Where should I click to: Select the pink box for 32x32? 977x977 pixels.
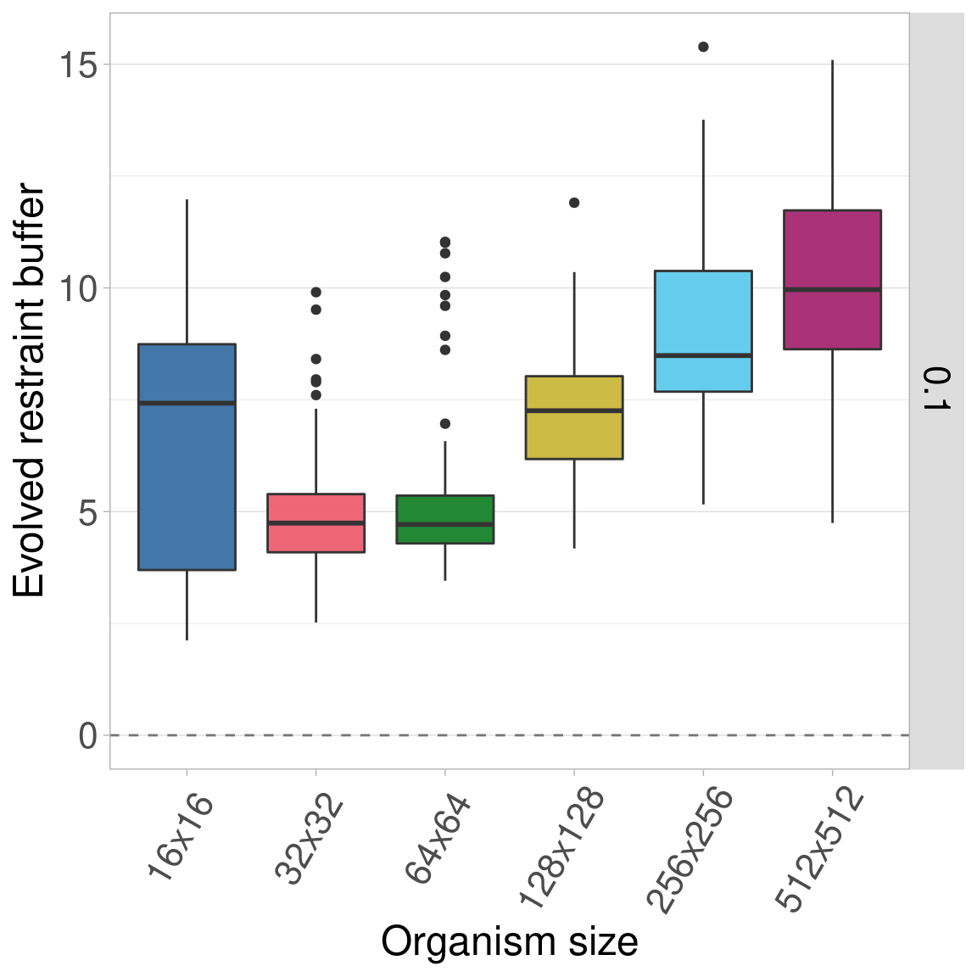(315, 522)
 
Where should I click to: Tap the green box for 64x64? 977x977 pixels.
(445, 519)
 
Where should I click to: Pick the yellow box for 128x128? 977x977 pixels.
(574, 417)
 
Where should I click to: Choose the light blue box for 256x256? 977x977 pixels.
(703, 331)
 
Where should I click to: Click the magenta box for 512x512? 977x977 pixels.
(832, 279)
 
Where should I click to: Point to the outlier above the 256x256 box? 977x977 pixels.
(703, 47)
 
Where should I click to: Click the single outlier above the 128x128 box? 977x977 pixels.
(574, 203)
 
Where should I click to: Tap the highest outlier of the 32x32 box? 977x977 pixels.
(316, 292)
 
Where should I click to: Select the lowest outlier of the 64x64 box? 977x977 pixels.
(445, 423)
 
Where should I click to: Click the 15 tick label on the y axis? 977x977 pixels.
(77, 64)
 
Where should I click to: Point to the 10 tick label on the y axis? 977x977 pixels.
(77, 288)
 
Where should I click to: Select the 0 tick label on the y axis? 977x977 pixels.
(87, 735)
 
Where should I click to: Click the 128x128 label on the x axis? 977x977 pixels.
(562, 847)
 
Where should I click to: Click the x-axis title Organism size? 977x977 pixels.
(509, 941)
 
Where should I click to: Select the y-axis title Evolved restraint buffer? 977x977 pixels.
(30, 390)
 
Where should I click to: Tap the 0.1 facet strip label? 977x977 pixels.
(936, 389)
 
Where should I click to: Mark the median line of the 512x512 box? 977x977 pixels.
(832, 289)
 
